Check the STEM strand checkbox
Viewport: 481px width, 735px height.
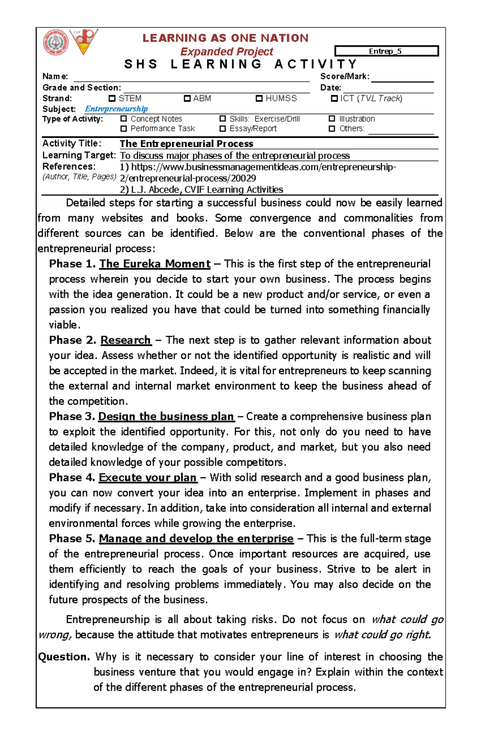point(112,99)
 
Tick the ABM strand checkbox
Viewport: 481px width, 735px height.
point(187,99)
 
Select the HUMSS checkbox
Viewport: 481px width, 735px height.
point(259,99)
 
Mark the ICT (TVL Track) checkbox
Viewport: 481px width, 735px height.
point(334,99)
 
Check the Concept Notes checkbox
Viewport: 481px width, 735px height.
point(124,119)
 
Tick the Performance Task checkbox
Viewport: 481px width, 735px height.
point(124,129)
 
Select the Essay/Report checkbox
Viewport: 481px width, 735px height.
point(223,129)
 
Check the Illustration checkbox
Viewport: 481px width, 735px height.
point(332,119)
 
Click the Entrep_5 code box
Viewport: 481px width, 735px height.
point(386,51)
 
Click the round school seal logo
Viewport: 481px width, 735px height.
point(56,42)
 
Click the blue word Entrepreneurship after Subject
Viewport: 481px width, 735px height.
point(116,109)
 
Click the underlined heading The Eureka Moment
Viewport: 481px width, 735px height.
point(155,264)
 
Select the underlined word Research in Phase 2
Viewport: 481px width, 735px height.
point(125,340)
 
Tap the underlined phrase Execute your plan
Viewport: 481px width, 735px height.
point(148,477)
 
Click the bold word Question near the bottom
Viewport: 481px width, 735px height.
point(63,657)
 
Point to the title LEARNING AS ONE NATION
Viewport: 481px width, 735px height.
point(226,38)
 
